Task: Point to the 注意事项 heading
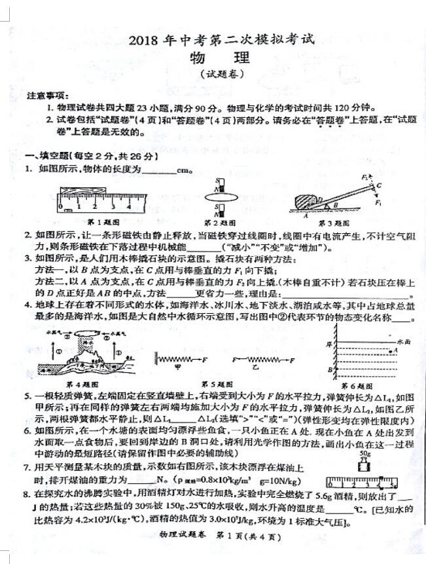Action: [x=44, y=96]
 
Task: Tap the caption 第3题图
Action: [x=336, y=221]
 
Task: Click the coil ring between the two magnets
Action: [x=219, y=195]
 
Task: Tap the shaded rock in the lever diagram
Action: [x=308, y=200]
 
